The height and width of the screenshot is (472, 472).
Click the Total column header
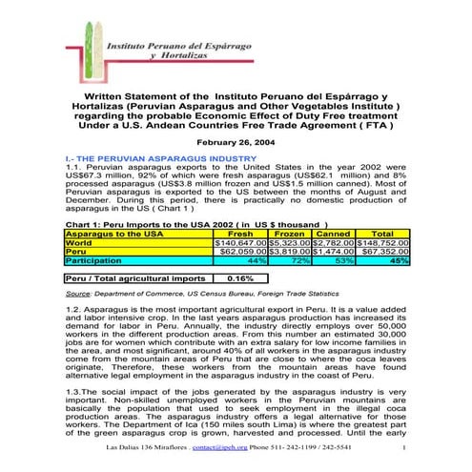tap(381, 233)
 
